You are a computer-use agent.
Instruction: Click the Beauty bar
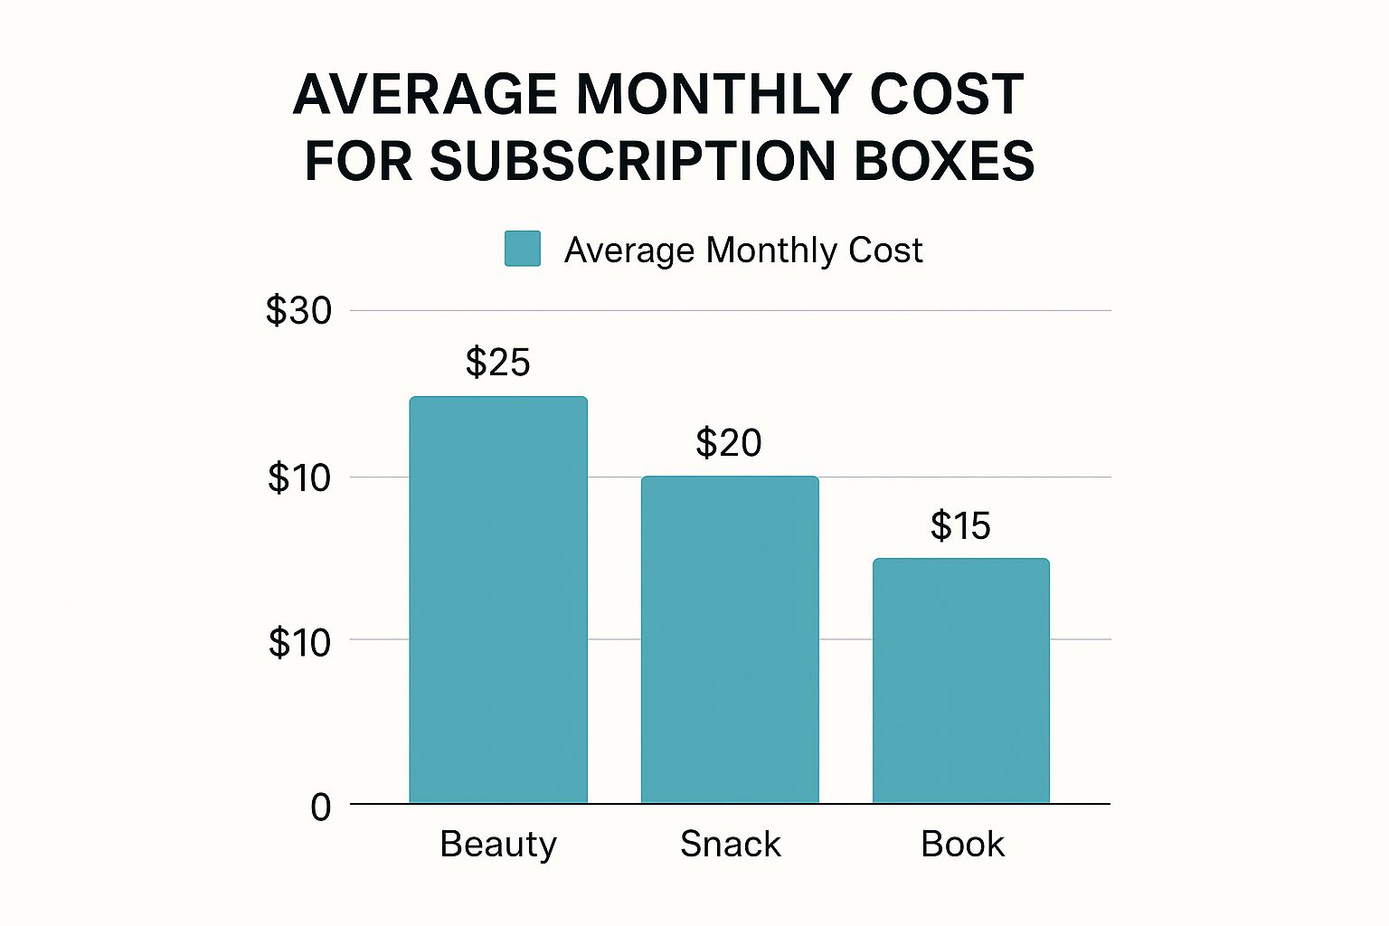click(498, 600)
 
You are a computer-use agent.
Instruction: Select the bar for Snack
click(730, 639)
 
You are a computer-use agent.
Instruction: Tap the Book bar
click(960, 680)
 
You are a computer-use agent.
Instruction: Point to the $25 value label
click(497, 363)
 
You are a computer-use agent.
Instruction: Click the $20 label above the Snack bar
click(729, 443)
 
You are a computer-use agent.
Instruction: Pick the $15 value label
click(960, 526)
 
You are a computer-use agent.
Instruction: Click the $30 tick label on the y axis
click(298, 311)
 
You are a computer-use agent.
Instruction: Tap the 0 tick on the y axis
click(321, 807)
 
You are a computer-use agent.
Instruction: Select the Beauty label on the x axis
click(498, 845)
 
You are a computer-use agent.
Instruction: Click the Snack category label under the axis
click(730, 845)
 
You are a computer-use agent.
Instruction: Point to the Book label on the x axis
click(962, 845)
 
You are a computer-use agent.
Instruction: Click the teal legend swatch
click(523, 249)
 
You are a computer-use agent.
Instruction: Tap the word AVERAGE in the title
click(425, 94)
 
